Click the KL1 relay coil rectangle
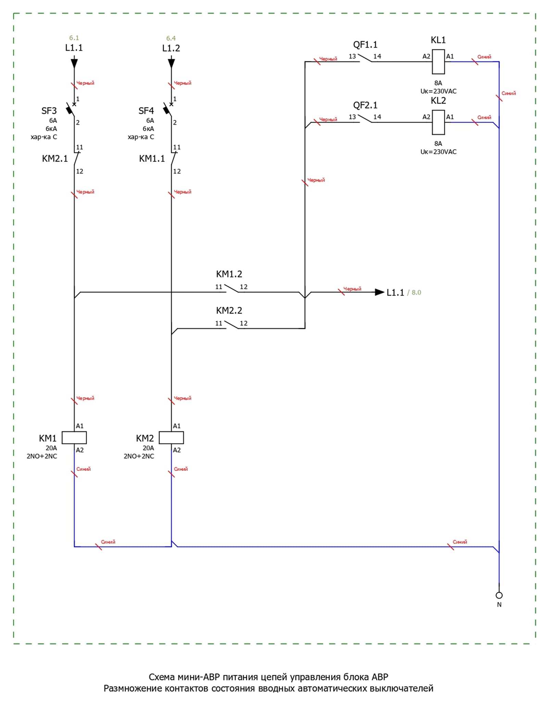pos(438,62)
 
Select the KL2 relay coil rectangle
pos(438,122)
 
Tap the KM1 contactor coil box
pos(74,438)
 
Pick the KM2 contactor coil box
pos(171,438)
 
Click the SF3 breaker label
pos(49,111)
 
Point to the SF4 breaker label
pos(146,111)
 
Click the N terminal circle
pos(499,595)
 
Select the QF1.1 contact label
pos(365,45)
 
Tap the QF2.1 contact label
pos(365,105)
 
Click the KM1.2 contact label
pos(229,274)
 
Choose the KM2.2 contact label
pos(229,310)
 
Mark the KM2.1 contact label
pos(55,159)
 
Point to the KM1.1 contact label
pos(152,159)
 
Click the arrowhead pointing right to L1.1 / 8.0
pos(379,292)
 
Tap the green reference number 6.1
pos(74,38)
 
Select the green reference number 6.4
pos(171,38)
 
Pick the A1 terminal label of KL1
pos(450,56)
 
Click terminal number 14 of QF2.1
pos(377,117)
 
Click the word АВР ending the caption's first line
pos(380,677)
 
